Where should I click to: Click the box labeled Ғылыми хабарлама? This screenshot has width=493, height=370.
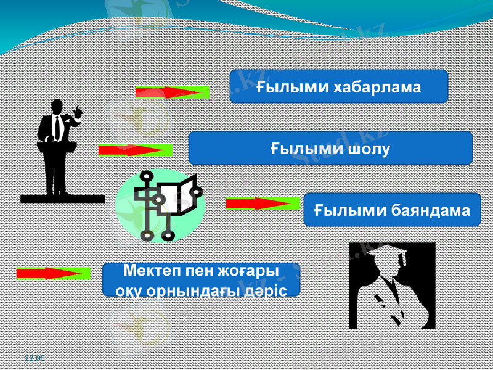coord(338,86)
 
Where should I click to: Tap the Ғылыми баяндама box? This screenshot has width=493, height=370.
coord(392,210)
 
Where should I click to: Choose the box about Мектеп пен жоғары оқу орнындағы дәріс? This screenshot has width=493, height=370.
coord(201,280)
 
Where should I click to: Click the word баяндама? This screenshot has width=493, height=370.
coord(431,210)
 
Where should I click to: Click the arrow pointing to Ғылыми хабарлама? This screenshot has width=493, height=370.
coord(173,92)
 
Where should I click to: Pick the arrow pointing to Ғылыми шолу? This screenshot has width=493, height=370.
coord(136,149)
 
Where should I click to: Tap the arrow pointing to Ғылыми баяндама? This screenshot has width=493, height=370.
coord(263,203)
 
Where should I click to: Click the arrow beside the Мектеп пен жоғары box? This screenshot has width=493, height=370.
coord(54,273)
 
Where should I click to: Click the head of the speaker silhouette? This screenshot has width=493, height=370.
coord(57,106)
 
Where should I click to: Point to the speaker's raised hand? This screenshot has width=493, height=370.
coord(78,112)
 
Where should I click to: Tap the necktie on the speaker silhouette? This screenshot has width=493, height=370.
coord(57,127)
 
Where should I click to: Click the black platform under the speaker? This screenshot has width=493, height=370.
coord(62,199)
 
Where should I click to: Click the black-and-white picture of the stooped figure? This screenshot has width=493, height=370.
coord(392,286)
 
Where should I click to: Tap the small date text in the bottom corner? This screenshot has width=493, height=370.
coord(35,358)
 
